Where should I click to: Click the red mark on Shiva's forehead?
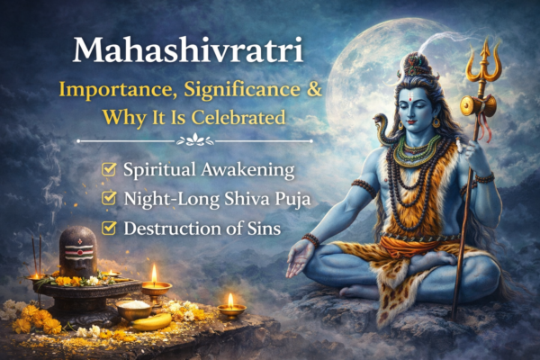click(x=418, y=93)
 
